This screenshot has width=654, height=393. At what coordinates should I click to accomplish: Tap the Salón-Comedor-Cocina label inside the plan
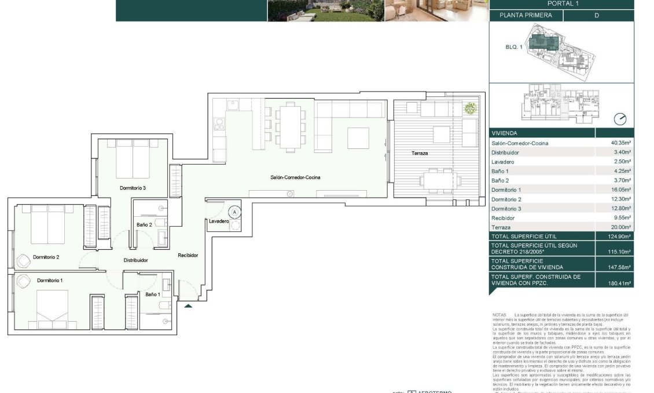295,177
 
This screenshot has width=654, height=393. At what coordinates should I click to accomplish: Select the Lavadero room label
219,221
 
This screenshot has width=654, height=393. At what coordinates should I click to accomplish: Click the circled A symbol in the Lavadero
234,212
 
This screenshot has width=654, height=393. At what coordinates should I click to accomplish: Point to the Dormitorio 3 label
133,188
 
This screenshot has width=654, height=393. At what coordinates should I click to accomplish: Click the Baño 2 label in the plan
144,224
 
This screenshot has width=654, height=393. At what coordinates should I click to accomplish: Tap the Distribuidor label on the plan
135,260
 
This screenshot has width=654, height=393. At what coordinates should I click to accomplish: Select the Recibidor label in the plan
188,255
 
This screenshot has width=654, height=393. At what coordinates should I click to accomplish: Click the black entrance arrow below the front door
188,305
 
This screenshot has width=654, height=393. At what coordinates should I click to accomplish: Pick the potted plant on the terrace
471,108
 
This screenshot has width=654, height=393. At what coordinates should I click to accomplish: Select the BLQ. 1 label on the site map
514,46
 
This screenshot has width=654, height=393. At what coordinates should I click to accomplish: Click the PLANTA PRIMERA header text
526,16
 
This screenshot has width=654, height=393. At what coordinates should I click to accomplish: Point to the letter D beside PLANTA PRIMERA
597,16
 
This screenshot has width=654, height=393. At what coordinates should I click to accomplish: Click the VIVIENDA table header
504,133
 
